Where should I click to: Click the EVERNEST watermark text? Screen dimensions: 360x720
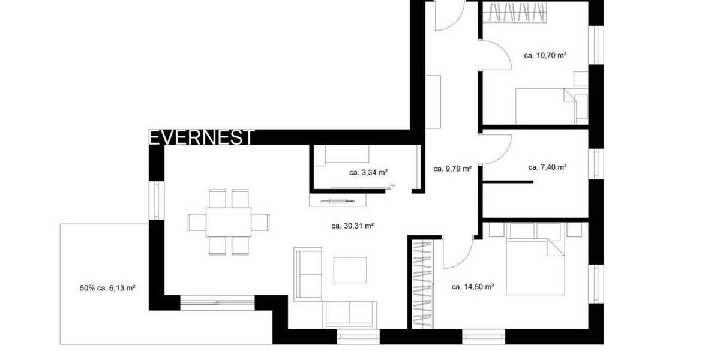click(202, 137)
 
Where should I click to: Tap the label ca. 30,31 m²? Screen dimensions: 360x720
click(353, 226)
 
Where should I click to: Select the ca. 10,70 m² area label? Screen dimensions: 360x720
click(545, 55)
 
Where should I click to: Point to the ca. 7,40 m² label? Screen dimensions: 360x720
click(547, 167)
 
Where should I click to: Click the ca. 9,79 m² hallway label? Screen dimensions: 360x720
click(452, 169)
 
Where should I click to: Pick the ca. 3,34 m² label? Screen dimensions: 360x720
click(368, 173)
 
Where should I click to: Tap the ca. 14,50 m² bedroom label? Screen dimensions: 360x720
click(472, 287)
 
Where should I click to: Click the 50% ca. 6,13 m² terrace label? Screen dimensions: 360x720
click(107, 288)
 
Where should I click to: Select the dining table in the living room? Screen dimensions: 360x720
click(228, 222)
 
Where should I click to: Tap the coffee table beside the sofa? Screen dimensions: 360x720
click(350, 270)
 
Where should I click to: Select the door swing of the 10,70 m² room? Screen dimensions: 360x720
click(496, 54)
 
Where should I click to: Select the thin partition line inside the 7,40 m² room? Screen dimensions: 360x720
click(508, 181)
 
